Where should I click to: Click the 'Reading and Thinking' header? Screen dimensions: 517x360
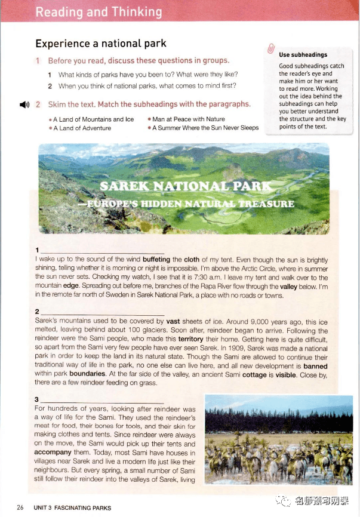[99, 11]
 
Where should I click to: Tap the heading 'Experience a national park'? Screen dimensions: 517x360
[101, 44]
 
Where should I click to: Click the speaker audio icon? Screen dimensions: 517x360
[24, 105]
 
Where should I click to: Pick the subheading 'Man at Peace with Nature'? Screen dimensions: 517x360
[189, 119]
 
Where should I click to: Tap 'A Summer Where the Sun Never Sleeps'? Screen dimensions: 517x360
[205, 128]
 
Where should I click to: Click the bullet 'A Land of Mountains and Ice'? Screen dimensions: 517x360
[94, 119]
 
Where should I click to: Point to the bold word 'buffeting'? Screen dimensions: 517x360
[156, 260]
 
